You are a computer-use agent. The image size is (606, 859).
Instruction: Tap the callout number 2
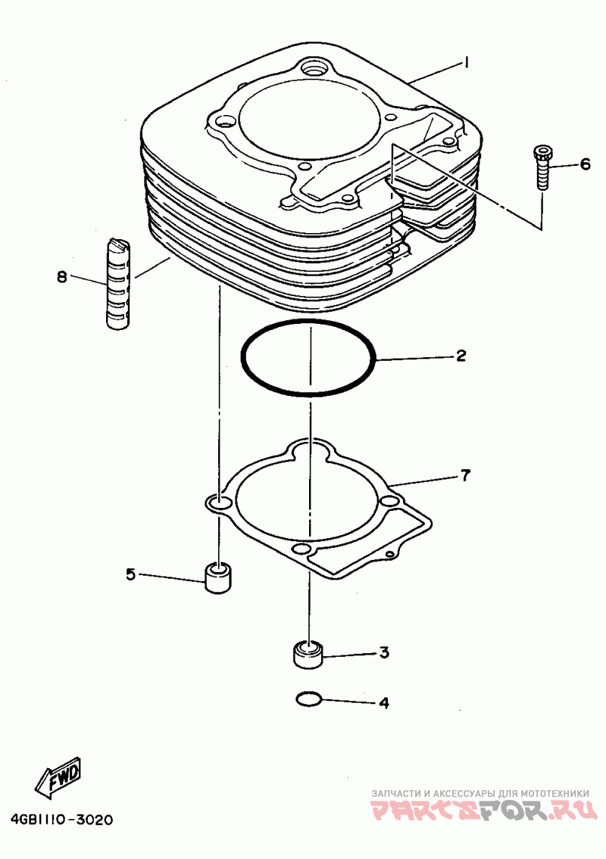tap(461, 355)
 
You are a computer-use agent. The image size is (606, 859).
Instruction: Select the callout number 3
tap(384, 652)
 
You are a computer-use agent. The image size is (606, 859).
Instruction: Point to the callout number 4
tap(384, 703)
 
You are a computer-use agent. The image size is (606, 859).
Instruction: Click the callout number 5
tap(131, 575)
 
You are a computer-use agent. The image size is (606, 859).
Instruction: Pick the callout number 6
tap(585, 164)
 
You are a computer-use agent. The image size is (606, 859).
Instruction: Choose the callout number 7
tap(465, 476)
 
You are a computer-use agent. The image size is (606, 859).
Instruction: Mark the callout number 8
tap(62, 276)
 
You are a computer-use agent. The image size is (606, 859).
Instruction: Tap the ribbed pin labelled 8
tap(119, 284)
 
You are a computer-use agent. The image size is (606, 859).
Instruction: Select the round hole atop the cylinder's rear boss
tap(312, 69)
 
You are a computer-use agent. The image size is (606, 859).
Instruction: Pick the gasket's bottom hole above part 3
tap(301, 547)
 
